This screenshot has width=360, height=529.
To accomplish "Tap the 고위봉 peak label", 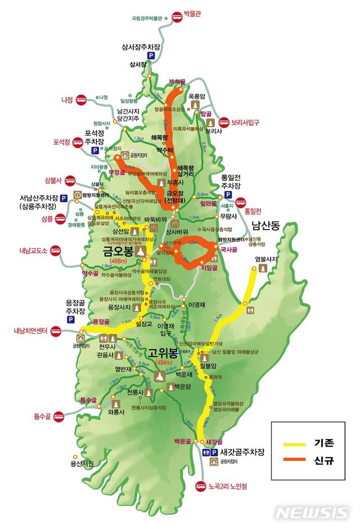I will [x=162, y=354].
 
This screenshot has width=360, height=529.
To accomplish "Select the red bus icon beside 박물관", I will [x=177, y=17].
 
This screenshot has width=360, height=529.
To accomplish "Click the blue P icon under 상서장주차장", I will [x=151, y=56].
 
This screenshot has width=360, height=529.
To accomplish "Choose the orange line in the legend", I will [x=291, y=460].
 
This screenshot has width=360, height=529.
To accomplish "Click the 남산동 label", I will [x=265, y=226].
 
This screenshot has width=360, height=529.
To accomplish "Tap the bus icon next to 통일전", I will [x=241, y=202].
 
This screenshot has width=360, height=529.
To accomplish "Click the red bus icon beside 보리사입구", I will [x=224, y=122].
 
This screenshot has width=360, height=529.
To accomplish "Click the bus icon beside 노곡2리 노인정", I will [x=200, y=486].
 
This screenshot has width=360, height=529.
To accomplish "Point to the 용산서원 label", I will [x=82, y=464].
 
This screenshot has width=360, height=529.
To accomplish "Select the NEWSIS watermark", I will [x=312, y=513].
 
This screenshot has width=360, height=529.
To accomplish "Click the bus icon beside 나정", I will [x=81, y=100].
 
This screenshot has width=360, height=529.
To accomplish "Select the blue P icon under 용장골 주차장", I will [x=71, y=319].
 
